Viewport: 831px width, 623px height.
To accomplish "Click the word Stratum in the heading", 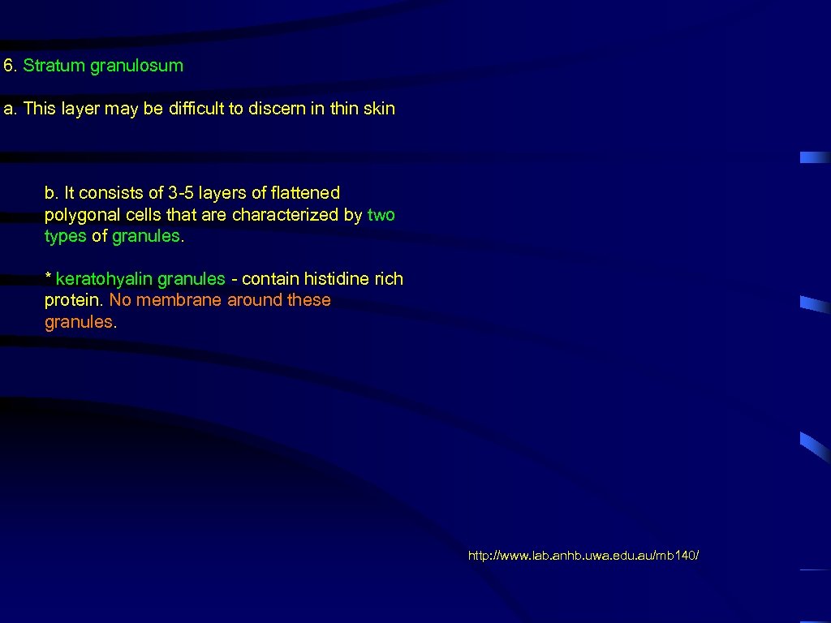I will click(54, 66).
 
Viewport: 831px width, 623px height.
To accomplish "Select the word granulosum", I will click(136, 66).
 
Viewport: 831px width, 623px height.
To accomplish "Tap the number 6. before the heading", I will click(10, 66).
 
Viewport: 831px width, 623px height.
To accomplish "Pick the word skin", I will click(379, 109).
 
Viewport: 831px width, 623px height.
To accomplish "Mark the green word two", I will click(381, 215).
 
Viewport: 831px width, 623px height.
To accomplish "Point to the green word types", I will click(65, 236).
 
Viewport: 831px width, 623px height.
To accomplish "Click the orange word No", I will click(119, 300).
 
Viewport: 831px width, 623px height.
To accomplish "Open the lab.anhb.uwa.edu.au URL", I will click(583, 556).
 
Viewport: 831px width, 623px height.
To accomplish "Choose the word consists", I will click(108, 193).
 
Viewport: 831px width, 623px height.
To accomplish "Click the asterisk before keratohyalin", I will click(48, 278).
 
